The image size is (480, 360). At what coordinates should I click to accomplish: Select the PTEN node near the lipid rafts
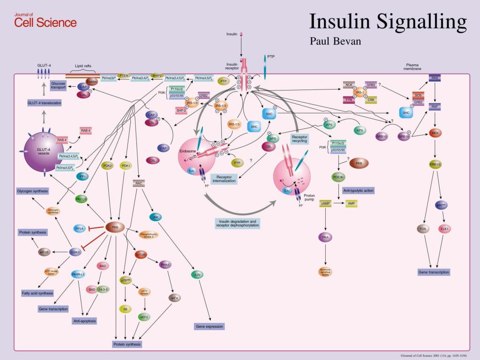[x=124, y=75]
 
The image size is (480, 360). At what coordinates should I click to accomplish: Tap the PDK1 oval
[x=126, y=165]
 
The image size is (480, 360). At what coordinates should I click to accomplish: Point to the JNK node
[x=155, y=217]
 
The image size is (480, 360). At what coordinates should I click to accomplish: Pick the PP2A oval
[x=80, y=228]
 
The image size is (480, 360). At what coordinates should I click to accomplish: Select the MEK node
[x=436, y=133]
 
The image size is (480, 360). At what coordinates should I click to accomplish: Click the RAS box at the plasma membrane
[x=435, y=78]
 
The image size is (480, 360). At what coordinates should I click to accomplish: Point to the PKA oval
[x=325, y=238]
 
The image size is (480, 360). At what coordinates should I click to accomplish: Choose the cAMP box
[x=326, y=203]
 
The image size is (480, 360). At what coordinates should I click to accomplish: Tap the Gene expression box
[x=210, y=326]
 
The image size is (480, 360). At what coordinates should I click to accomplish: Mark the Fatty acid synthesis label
[x=37, y=293]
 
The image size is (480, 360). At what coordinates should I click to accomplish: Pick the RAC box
[x=138, y=183]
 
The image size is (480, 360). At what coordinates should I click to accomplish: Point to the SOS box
[x=418, y=94]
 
